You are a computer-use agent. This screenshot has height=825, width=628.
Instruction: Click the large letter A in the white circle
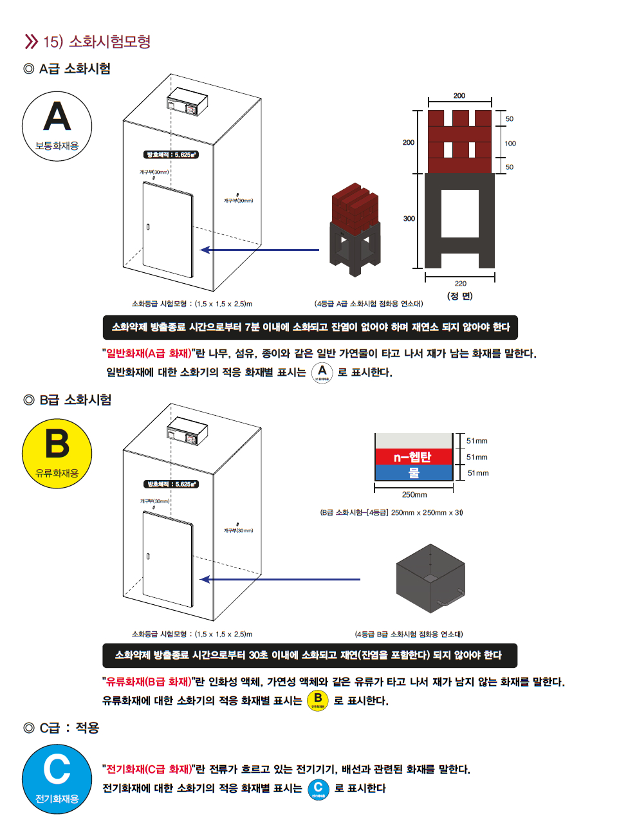click(x=57, y=118)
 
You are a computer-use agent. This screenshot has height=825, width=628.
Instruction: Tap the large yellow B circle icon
click(x=57, y=454)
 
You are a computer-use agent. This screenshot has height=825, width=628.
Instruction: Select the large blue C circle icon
click(x=57, y=779)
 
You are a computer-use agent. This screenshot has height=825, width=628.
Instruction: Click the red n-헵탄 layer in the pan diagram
click(x=413, y=457)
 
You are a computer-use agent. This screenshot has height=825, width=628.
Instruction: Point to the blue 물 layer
click(x=413, y=473)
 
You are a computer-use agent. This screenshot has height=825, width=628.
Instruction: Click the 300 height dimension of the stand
click(x=409, y=219)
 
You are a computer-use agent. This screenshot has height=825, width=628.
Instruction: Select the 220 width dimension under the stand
click(x=460, y=283)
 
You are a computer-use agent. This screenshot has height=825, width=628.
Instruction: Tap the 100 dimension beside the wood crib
click(x=510, y=144)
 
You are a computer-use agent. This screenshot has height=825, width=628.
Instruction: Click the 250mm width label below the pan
click(x=414, y=495)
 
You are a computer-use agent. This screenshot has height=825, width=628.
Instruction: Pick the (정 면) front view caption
click(x=459, y=296)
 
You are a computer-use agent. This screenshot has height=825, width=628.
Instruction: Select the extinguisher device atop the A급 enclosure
click(x=187, y=104)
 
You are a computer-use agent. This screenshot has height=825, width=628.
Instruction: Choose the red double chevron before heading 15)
click(x=31, y=42)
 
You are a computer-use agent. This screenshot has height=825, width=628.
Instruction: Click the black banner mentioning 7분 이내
click(x=310, y=327)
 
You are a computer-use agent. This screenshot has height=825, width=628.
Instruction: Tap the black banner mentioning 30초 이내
click(x=309, y=655)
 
